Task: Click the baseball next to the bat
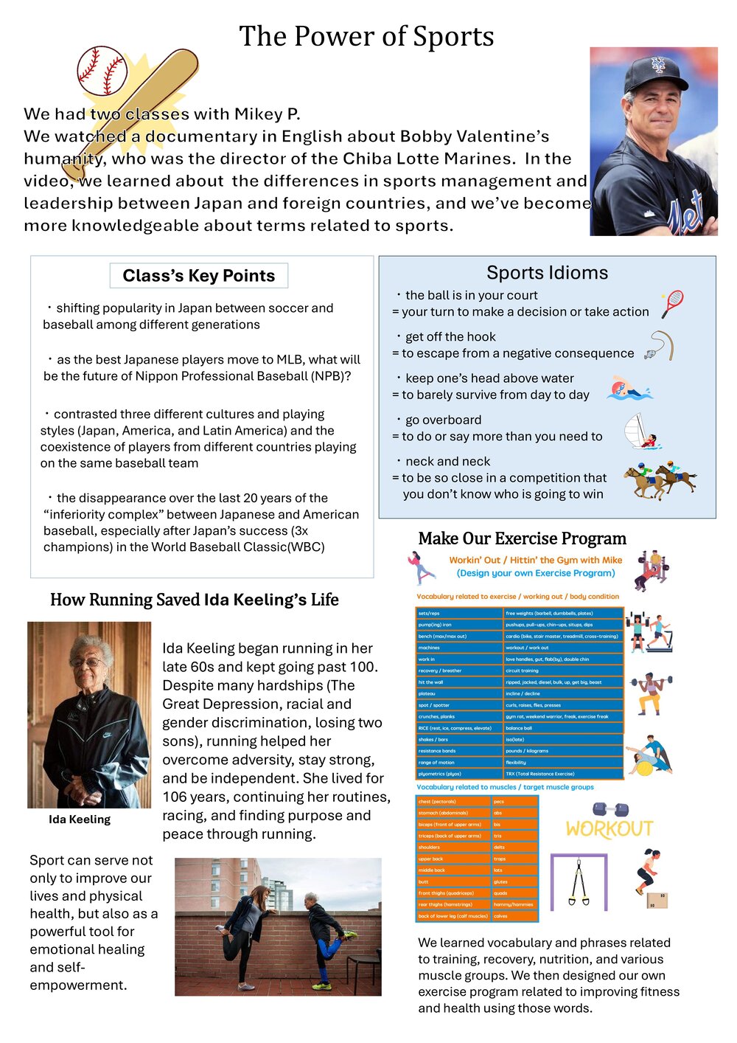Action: click(102, 72)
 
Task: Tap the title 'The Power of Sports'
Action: click(366, 36)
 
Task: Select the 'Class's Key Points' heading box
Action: click(199, 276)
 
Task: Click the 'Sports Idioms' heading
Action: click(547, 273)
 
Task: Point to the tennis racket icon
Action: click(672, 303)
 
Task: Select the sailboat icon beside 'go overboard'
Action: click(640, 432)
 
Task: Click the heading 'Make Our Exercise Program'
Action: click(522, 538)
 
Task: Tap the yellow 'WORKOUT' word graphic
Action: click(609, 829)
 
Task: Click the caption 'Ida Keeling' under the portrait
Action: click(80, 819)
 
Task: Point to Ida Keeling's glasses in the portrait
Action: click(86, 662)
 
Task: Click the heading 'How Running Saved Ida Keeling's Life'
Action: click(195, 600)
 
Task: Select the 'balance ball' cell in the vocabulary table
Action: click(519, 728)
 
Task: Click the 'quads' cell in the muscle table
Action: click(500, 893)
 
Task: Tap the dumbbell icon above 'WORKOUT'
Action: click(611, 809)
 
